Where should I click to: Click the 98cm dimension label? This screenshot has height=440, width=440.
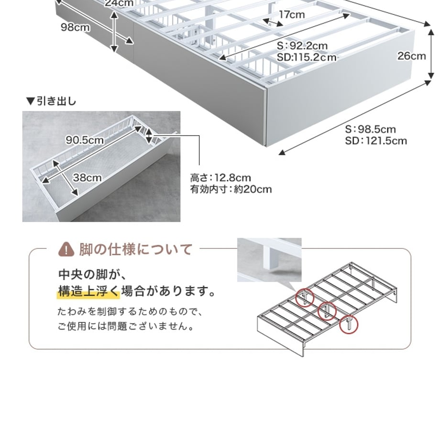[x=76, y=27]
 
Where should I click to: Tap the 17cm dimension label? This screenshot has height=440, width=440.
[x=292, y=14]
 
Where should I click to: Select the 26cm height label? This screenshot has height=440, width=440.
[x=411, y=56]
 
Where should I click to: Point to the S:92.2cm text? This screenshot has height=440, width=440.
[x=302, y=45]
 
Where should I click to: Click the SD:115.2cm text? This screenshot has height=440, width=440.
[x=307, y=57]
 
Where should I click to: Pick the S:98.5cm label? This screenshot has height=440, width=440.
[x=370, y=129]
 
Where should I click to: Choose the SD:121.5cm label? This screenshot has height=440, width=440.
[x=376, y=141]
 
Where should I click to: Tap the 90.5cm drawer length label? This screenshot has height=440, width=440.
[x=85, y=140]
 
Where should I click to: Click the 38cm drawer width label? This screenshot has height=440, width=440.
[x=87, y=177]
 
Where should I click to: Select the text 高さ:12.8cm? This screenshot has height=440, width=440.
[x=220, y=177]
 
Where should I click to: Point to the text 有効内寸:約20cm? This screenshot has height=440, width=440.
[x=231, y=189]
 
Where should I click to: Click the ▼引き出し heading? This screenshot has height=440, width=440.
[x=51, y=101]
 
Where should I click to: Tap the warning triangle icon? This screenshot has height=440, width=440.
[x=66, y=250]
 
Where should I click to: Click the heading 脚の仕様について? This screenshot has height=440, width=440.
[x=136, y=249]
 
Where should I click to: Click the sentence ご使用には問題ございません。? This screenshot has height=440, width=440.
[x=126, y=326]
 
